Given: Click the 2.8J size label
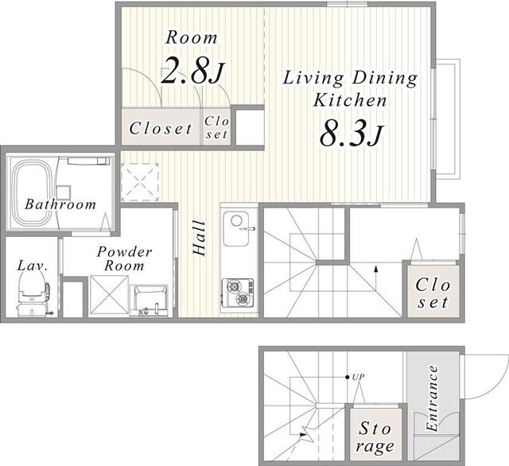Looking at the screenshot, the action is pyautogui.click(x=192, y=70).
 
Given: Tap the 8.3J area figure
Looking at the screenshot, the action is pyautogui.click(x=352, y=132).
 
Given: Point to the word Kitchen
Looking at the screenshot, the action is pyautogui.click(x=350, y=100).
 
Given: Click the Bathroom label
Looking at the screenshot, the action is pyautogui.click(x=60, y=204).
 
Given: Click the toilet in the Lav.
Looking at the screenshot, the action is pyautogui.click(x=34, y=293).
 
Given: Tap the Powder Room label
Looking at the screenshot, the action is pyautogui.click(x=124, y=258).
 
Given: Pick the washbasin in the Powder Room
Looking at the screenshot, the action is pyautogui.click(x=149, y=301).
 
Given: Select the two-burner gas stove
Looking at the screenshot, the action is pyautogui.click(x=238, y=292).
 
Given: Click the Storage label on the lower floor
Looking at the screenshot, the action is pyautogui.click(x=375, y=437).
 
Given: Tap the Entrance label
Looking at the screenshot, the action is pyautogui.click(x=432, y=398).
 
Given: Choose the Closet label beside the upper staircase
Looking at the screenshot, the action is pyautogui.click(x=433, y=293).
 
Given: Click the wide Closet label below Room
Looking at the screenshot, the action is pyautogui.click(x=161, y=129).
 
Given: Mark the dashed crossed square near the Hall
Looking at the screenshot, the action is pyautogui.click(x=140, y=182).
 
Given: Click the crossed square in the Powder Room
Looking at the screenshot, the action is pyautogui.click(x=109, y=295).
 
